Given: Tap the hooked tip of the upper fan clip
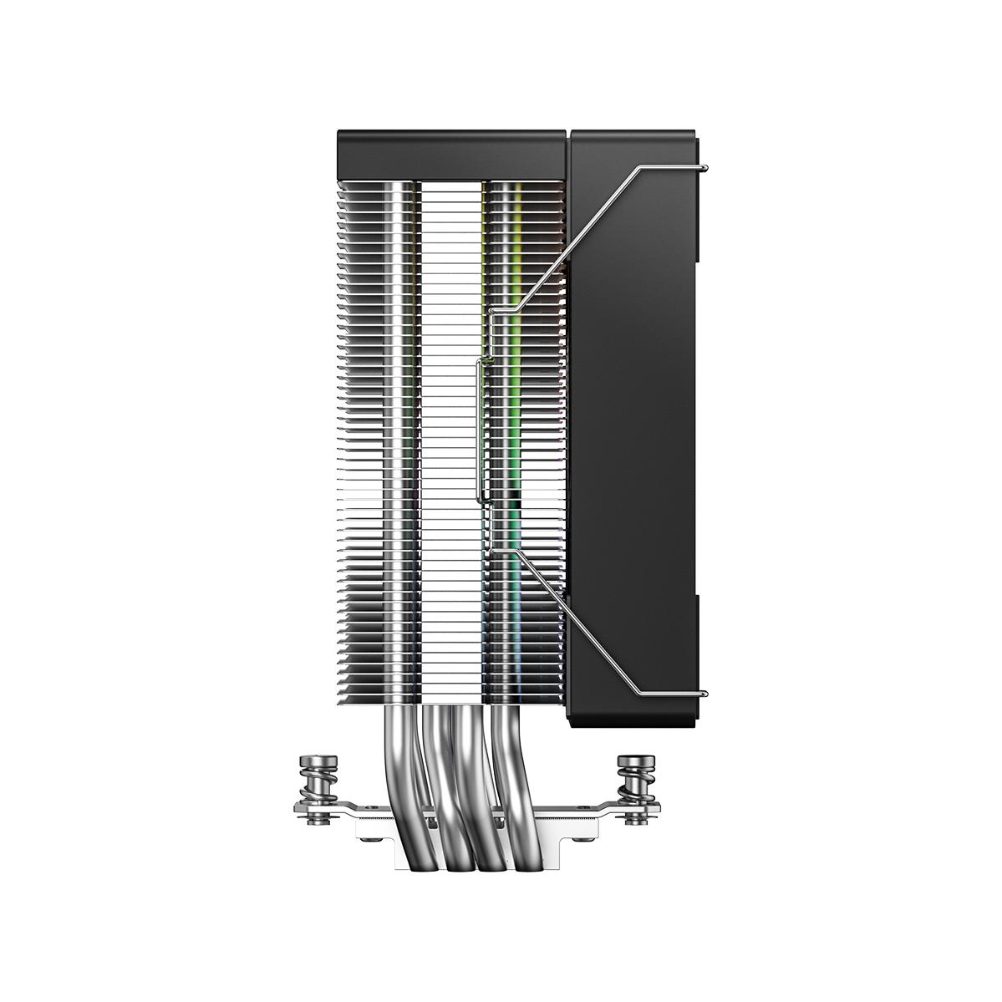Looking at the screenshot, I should pyautogui.click(x=707, y=170).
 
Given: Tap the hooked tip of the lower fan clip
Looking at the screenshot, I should pyautogui.click(x=707, y=693).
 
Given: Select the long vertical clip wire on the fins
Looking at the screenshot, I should pyautogui.click(x=478, y=431).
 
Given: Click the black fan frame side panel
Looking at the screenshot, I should pyautogui.click(x=635, y=418).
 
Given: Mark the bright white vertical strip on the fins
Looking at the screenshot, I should pyautogui.click(x=451, y=418).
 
